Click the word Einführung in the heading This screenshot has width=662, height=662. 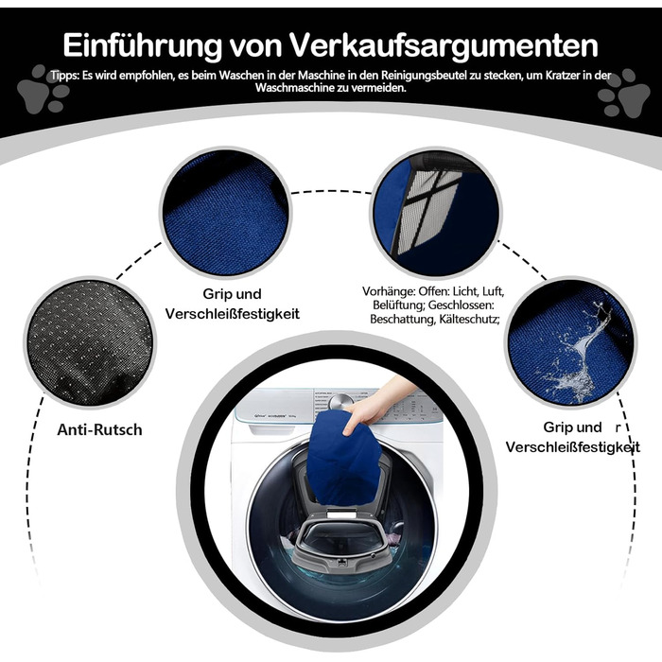coord(143,44)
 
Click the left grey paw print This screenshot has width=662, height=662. coord(44,89)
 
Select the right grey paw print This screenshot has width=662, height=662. coord(623,93)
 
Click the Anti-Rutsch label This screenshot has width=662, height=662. coord(99,429)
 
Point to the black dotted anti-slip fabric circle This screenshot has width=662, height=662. coord(90,342)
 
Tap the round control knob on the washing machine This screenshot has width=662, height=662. coord(340,400)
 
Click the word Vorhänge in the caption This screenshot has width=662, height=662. coord(389,291)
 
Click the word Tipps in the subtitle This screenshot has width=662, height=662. coord(65,76)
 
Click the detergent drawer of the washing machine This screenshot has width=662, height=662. coord(273,428)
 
